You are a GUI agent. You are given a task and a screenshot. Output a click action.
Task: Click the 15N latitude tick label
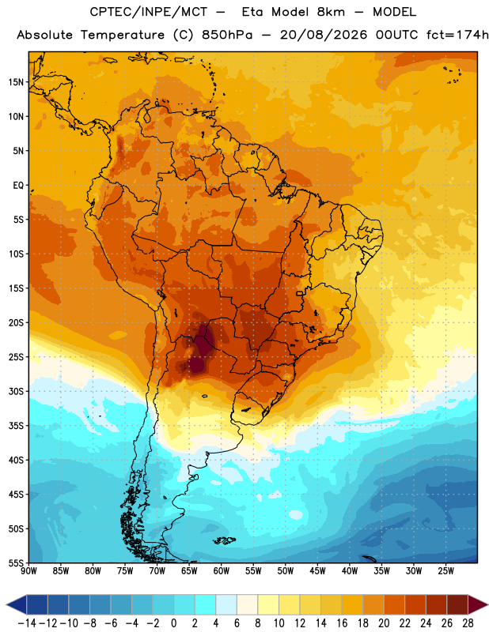17,82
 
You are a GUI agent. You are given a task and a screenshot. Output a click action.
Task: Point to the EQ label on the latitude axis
19,186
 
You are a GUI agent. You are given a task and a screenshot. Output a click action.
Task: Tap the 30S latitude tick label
17,391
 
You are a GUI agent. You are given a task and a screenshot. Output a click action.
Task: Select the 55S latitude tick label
17,562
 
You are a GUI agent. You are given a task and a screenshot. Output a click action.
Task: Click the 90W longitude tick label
28,571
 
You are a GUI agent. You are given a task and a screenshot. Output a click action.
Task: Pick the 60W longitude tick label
222,571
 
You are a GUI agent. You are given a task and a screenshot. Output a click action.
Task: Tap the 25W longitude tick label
445,571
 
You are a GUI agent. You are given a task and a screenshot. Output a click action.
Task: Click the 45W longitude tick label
317,571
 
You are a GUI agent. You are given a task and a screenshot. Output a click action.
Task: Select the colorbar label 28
468,623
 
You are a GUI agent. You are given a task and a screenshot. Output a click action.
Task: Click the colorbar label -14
27,623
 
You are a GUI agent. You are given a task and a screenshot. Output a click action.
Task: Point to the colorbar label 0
173,623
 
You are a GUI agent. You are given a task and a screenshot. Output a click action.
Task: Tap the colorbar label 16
342,623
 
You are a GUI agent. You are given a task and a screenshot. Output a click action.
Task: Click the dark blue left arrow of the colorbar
17,605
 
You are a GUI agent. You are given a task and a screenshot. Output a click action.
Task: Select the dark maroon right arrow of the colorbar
478,605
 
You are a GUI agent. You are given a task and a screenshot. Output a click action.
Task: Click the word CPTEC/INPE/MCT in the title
149,12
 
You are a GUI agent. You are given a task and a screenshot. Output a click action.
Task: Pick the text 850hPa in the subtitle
227,35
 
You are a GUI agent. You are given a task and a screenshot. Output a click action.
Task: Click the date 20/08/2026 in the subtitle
324,35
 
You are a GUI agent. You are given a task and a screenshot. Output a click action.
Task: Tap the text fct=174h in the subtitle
457,35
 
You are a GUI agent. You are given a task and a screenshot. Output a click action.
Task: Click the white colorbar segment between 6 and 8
248,605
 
